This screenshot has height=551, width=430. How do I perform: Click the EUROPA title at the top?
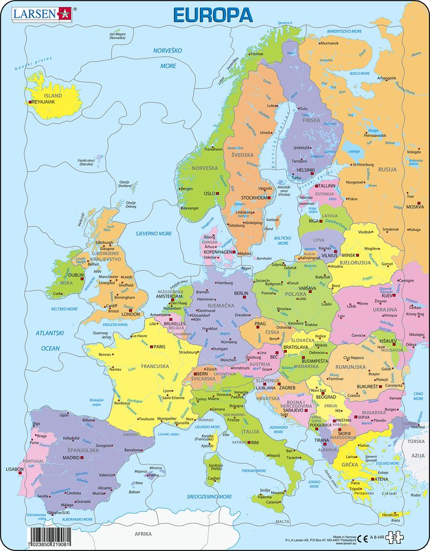(213, 14)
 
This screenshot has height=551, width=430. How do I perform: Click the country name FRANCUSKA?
(140, 366)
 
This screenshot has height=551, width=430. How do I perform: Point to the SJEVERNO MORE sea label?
(154, 234)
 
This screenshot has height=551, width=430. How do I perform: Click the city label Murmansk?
(329, 43)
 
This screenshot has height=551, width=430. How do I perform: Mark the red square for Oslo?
(218, 194)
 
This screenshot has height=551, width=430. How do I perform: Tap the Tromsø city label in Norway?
(257, 54)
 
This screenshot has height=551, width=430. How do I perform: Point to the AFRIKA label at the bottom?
(143, 534)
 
